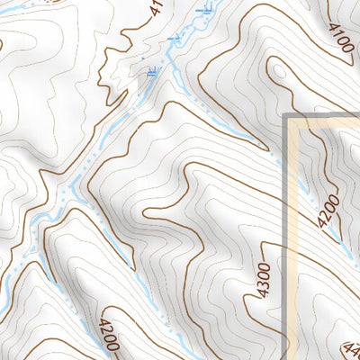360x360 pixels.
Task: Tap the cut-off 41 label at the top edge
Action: (154, 8)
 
